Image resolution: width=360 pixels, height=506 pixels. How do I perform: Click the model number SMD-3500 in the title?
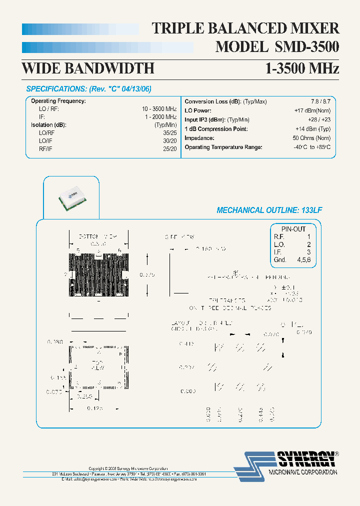(x=306, y=47)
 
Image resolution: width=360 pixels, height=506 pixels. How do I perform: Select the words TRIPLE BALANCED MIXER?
(x=245, y=28)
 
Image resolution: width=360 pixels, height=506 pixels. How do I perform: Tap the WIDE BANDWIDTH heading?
(x=88, y=68)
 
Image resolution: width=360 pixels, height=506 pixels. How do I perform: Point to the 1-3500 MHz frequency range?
(x=302, y=68)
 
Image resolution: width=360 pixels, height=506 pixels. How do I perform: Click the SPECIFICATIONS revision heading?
(x=88, y=89)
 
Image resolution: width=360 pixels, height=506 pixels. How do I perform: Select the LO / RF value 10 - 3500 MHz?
(x=159, y=108)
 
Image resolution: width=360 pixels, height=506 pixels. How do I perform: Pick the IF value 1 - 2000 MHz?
(x=161, y=116)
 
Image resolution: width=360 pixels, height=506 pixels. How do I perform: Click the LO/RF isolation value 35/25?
(x=170, y=132)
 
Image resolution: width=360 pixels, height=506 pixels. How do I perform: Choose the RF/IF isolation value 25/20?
(x=170, y=148)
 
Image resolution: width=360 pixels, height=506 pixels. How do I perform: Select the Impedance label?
(x=199, y=138)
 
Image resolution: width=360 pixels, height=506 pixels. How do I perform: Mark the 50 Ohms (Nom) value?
(x=311, y=138)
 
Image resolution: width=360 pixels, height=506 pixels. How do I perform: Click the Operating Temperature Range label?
(x=223, y=147)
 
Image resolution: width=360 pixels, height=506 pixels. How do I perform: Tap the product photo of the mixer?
(x=69, y=198)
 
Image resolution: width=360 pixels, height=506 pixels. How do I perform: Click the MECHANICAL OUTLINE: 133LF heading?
(x=269, y=210)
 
